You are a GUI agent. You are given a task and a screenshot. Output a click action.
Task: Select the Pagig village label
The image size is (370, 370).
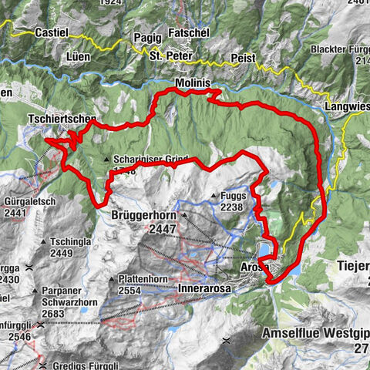click(147, 36)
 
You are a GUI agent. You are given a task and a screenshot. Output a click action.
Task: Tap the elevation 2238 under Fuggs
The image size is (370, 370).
click(231, 207)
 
